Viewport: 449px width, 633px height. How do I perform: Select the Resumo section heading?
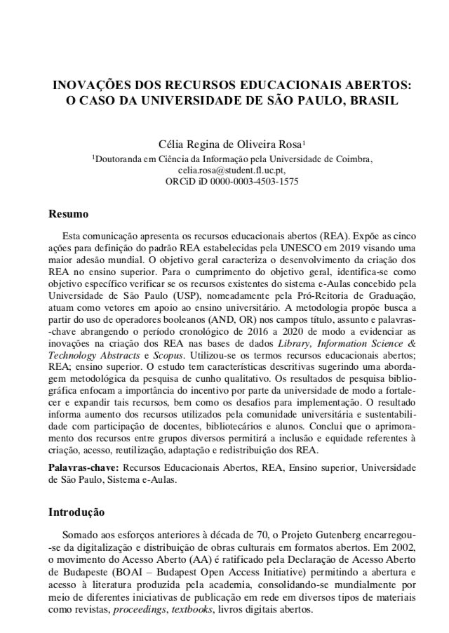pos(67,214)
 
